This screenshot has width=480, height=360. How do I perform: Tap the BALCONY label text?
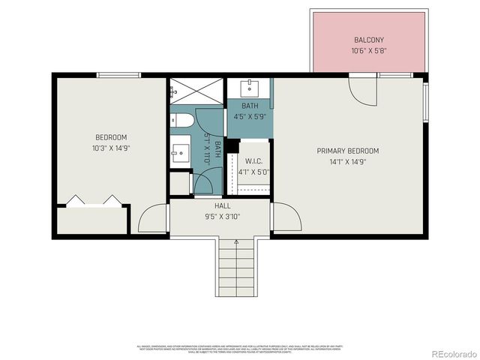pos(369,40)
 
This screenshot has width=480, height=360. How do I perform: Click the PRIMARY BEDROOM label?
pos(347,151)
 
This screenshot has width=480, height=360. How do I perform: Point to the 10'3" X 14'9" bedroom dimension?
pos(111,148)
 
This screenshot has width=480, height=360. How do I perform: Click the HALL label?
pos(223,205)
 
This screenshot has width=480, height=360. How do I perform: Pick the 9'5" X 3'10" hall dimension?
pos(223,216)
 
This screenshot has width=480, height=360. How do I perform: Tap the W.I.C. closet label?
pos(253,161)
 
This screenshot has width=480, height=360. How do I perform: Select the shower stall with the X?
pos(194,91)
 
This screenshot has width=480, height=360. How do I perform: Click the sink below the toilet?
pos(180,152)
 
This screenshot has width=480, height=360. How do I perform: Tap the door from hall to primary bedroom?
pos(286,217)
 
